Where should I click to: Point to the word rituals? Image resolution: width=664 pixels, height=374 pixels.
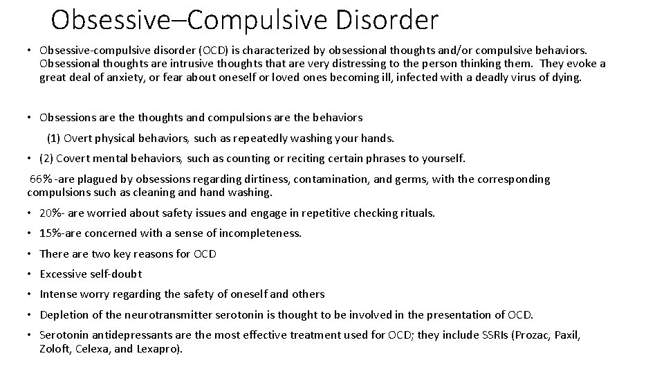coord(414,213)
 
